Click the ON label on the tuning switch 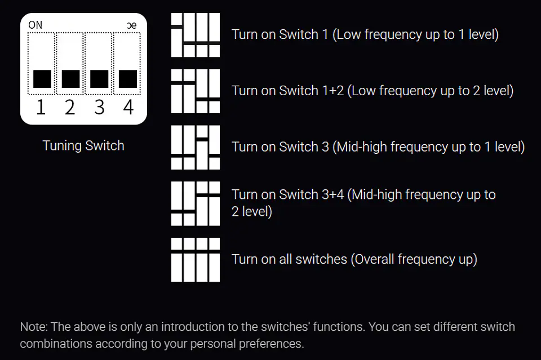tap(35, 25)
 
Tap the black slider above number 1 tap(42, 79)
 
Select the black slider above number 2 tap(71, 79)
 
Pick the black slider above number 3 tap(99, 79)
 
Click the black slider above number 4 tap(128, 79)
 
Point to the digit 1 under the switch tap(41, 107)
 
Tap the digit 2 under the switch tap(70, 107)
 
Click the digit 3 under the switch tap(99, 107)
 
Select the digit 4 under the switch tap(128, 107)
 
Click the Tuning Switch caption tap(83, 145)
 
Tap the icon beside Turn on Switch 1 tap(196, 35)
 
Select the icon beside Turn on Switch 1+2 tap(196, 91)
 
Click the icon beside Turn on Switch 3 tap(196, 147)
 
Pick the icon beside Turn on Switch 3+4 tap(196, 203)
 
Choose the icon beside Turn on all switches tap(196, 260)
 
